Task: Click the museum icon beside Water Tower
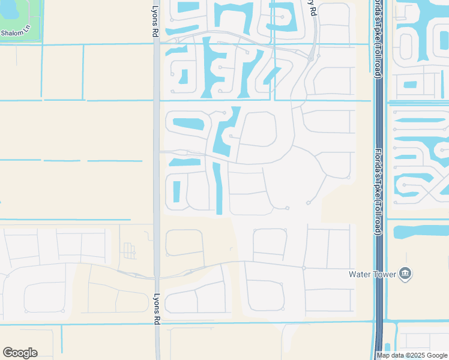(406, 274)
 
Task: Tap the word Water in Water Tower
(360, 274)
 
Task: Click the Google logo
(20, 353)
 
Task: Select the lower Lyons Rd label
(155, 308)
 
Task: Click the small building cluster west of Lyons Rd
(128, 250)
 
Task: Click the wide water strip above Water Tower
(420, 230)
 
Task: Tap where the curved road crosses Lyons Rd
(156, 277)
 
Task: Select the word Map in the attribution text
(384, 355)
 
